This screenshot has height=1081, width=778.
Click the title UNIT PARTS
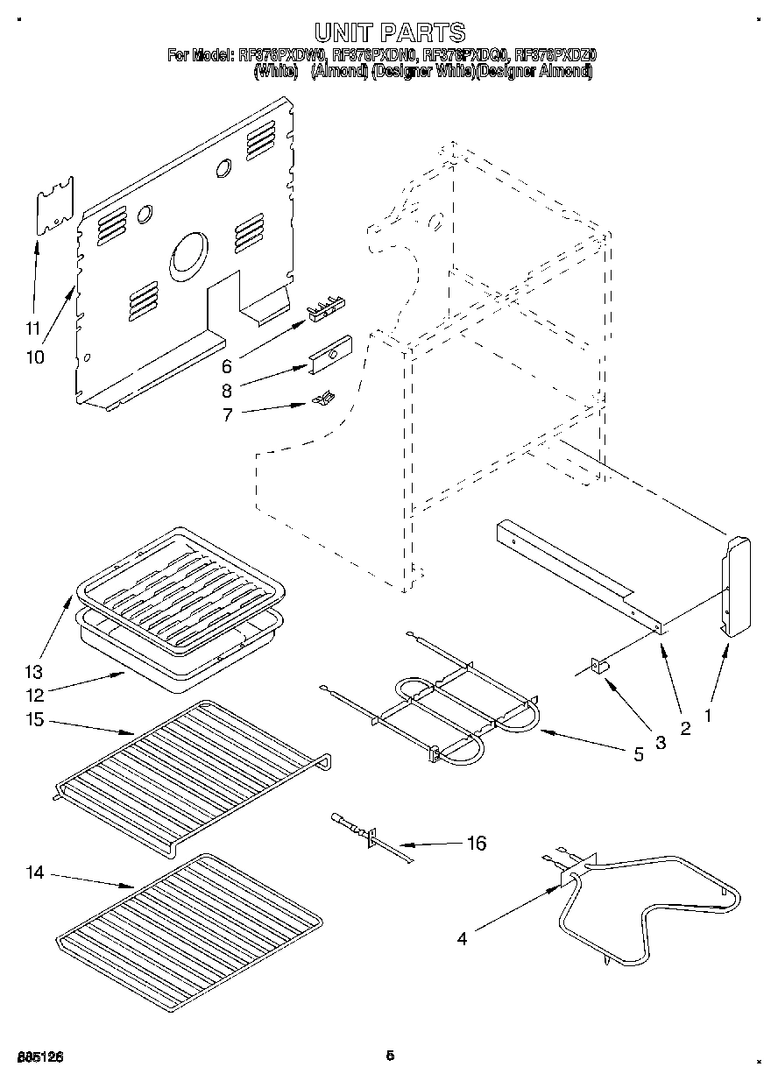389,33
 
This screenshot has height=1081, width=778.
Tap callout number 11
33,329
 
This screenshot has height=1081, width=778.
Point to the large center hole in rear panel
187,254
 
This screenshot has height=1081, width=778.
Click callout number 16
476,844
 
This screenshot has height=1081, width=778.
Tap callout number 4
462,938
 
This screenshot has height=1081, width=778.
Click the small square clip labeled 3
601,668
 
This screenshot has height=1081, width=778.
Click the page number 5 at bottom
390,1056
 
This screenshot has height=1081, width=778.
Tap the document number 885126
39,1057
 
